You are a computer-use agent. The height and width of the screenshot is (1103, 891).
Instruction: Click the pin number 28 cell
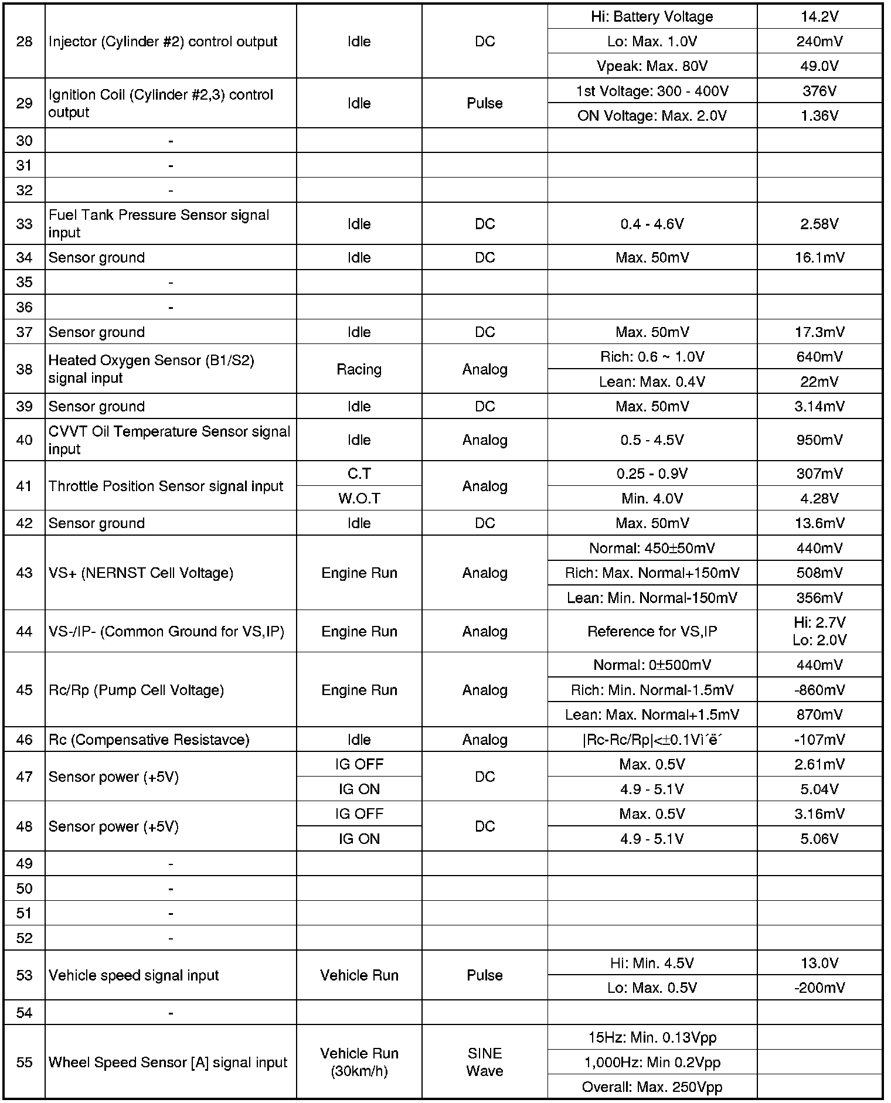[24, 42]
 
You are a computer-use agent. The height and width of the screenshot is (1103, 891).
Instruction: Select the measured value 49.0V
[819, 66]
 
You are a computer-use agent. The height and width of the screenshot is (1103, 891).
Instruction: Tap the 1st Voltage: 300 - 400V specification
[652, 91]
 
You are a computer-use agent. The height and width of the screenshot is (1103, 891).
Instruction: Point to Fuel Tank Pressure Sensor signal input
[159, 223]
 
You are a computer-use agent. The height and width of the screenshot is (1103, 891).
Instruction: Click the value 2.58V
[819, 224]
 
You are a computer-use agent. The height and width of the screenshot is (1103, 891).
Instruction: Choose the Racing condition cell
[359, 369]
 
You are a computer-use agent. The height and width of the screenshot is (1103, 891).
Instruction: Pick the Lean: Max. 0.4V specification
[652, 382]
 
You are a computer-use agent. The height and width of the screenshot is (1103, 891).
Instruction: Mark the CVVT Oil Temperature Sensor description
[169, 440]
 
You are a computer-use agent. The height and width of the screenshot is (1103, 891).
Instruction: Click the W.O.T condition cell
[359, 498]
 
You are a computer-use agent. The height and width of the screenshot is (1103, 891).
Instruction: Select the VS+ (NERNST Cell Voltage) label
[141, 573]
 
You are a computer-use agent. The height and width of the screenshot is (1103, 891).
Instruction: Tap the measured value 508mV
[819, 573]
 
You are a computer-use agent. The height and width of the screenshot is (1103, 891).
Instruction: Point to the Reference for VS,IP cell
[652, 631]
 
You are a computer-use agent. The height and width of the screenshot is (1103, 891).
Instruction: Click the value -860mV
[819, 690]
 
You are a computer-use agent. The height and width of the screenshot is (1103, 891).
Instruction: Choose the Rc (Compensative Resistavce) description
[149, 740]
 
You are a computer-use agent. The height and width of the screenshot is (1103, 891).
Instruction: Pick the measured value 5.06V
[819, 839]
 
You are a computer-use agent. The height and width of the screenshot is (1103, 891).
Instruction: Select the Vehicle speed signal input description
[134, 975]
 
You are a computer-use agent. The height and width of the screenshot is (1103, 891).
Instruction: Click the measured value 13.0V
[819, 963]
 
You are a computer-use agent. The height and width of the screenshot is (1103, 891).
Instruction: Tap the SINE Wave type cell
[485, 1062]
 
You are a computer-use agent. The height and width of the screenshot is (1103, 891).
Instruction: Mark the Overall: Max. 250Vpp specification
[652, 1087]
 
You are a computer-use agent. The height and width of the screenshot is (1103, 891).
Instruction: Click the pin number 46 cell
[24, 740]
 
